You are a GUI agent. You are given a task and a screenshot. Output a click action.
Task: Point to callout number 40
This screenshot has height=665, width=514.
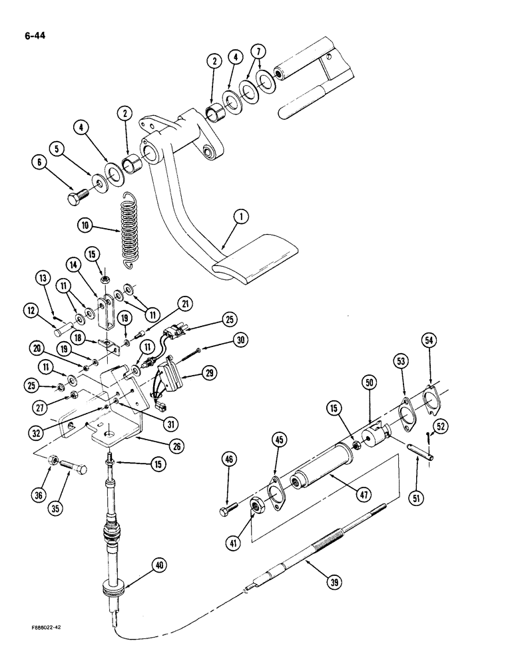pos(158,565)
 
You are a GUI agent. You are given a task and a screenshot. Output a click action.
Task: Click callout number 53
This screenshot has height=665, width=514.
pos(401,361)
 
